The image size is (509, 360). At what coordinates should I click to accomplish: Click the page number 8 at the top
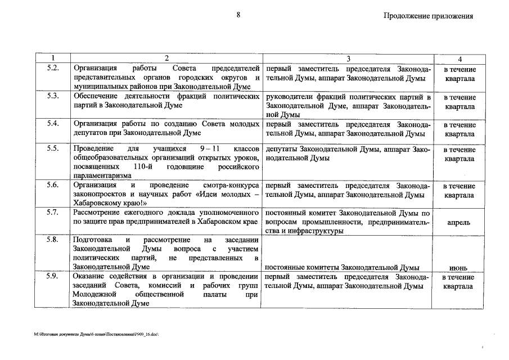point(238,16)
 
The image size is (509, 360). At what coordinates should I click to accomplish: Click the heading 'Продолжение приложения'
point(429,16)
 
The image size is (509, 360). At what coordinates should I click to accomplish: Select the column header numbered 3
point(348,59)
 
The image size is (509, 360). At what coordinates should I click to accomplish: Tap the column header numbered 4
point(460,59)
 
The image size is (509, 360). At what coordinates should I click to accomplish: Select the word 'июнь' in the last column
point(460,267)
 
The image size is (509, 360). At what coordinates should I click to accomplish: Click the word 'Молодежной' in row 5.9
point(94,294)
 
